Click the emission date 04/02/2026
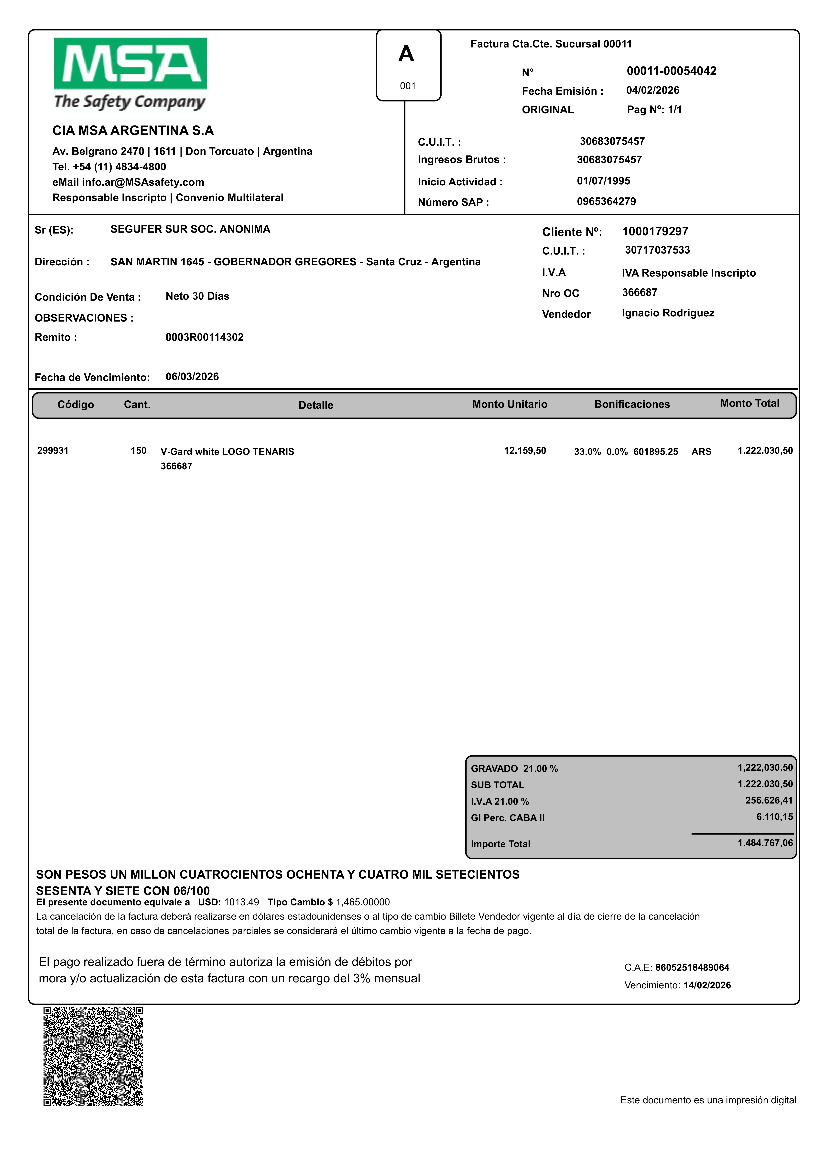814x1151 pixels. point(653,90)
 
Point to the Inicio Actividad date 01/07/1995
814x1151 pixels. point(603,181)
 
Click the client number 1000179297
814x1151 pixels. point(655,232)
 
